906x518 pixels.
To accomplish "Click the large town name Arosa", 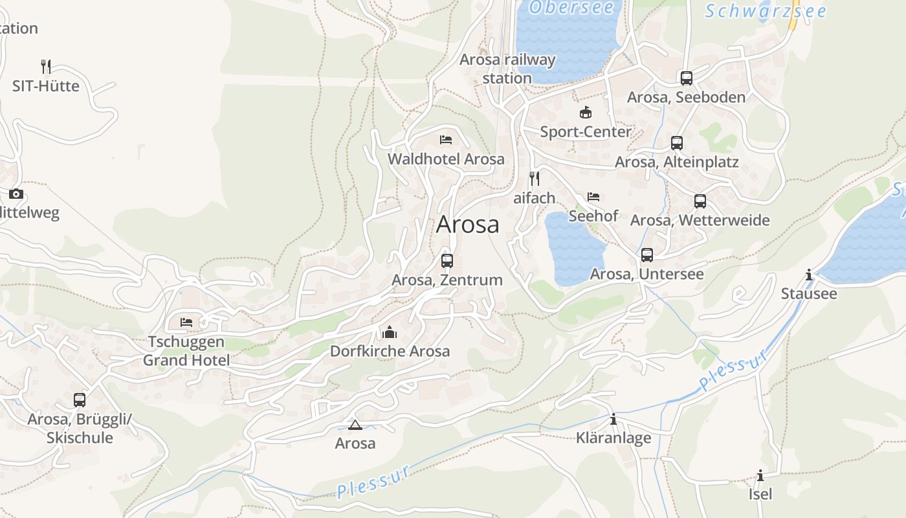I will point(467,225).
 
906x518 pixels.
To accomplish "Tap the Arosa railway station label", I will point(507,69).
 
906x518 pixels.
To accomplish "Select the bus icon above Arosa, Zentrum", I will point(447,261).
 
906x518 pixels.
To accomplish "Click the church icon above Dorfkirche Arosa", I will point(389,332).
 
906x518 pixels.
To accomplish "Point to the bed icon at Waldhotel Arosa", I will point(445,140).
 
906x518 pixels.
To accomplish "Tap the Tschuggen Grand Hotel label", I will point(186,351).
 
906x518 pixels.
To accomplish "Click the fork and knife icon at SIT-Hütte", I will point(45,67).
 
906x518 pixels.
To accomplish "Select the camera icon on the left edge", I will point(16,194).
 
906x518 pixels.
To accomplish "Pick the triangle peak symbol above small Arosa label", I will point(355,425).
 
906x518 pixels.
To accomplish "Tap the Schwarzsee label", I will point(766,12).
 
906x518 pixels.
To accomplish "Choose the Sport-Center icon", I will point(585,113).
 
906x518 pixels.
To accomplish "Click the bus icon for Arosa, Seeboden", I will point(686,78).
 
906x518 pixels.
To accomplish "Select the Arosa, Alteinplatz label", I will point(676,162).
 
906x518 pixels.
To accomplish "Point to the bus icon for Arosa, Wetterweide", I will point(700,201).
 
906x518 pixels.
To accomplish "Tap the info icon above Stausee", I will point(808,275).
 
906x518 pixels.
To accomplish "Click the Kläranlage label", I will point(613,438).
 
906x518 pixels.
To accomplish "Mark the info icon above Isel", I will point(760,476).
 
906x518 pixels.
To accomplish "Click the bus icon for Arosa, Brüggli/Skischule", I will point(80,400).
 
